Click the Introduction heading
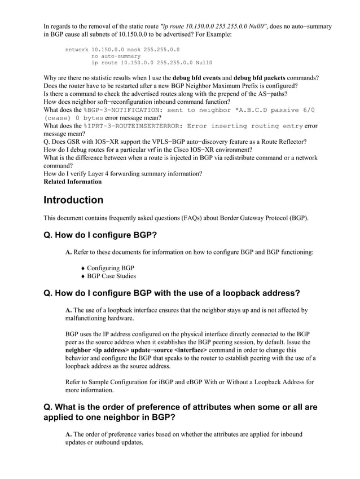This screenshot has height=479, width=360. pos(73,200)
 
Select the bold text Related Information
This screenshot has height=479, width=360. pos(73,182)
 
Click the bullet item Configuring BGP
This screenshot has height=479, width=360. pos(111,267)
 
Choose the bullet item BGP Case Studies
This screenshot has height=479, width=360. pos(111,276)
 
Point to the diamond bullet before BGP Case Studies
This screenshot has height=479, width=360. pos(84,276)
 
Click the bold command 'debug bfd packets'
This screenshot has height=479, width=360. pos(271,77)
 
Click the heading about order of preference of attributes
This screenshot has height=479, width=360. pos(180,412)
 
